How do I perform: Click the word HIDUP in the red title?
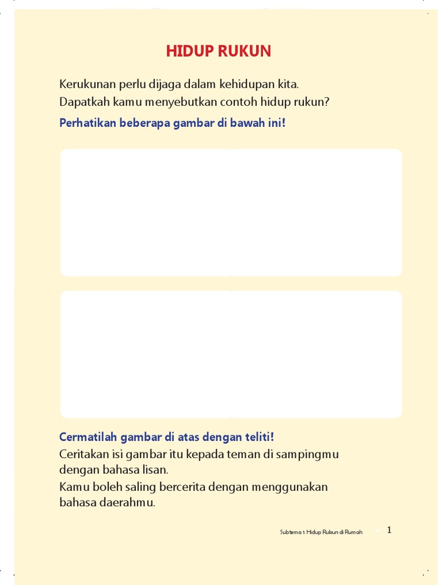pyautogui.click(x=188, y=52)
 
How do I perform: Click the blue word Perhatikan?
pyautogui.click(x=88, y=123)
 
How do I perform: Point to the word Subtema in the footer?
pyautogui.click(x=290, y=532)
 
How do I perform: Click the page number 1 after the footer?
pyautogui.click(x=390, y=530)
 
